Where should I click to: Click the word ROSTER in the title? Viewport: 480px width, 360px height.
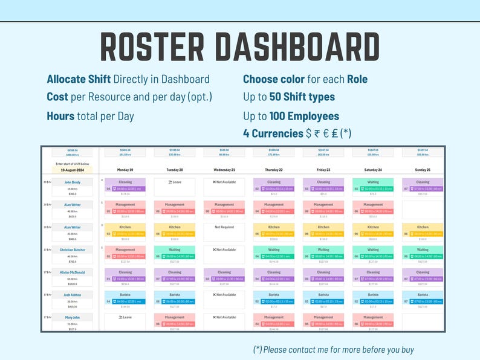pyautogui.click(x=154, y=47)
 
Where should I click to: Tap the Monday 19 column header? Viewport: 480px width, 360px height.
pyautogui.click(x=125, y=170)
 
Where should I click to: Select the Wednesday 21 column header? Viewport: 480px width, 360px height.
pyautogui.click(x=224, y=170)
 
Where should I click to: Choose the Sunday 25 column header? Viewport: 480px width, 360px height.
pyautogui.click(x=423, y=170)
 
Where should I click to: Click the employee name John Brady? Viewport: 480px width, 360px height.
pyautogui.click(x=73, y=182)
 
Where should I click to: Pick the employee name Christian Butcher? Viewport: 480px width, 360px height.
pyautogui.click(x=73, y=249)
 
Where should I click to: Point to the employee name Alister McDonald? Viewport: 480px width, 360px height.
pyautogui.click(x=73, y=272)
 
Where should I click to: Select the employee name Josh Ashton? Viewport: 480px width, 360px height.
pyautogui.click(x=73, y=295)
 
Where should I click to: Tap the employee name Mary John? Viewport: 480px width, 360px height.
pyautogui.click(x=73, y=317)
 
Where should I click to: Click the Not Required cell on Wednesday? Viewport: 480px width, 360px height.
pyautogui.click(x=224, y=227)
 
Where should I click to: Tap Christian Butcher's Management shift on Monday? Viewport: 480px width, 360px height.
pyautogui.click(x=125, y=253)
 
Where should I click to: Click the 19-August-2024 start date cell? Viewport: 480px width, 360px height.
pyautogui.click(x=73, y=170)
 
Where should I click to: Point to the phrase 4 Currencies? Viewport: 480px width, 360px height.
pyautogui.click(x=273, y=133)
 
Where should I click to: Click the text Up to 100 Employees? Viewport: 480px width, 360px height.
pyautogui.click(x=291, y=116)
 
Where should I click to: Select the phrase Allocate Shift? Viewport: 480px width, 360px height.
pyautogui.click(x=79, y=79)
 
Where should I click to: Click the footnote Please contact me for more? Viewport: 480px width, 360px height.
pyautogui.click(x=333, y=349)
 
